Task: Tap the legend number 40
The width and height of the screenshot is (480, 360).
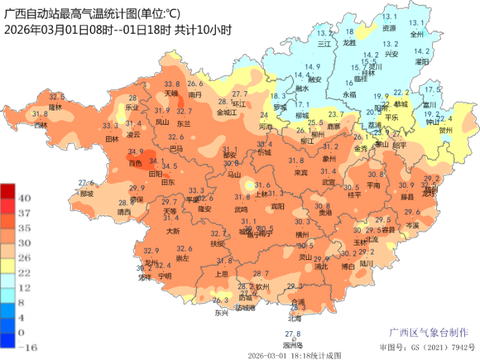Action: pos(24,197)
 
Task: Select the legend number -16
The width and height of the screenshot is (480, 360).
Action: pos(26,347)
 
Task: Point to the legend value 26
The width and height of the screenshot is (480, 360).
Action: pos(24,258)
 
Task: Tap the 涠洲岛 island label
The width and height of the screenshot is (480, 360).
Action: pos(292,344)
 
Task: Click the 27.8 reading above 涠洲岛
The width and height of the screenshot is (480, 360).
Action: pos(293,334)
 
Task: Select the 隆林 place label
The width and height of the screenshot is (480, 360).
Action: pos(56,107)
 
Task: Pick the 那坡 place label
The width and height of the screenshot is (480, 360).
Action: pos(86,193)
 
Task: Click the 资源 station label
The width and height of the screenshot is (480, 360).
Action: pos(389,28)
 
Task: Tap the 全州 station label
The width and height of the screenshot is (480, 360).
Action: pos(417,33)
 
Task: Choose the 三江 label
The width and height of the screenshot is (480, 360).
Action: pos(324,43)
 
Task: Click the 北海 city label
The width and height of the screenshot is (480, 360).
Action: pos(295,317)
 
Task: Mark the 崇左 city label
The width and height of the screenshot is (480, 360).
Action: pos(183,259)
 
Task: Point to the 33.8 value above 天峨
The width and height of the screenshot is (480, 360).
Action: pos(171,84)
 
